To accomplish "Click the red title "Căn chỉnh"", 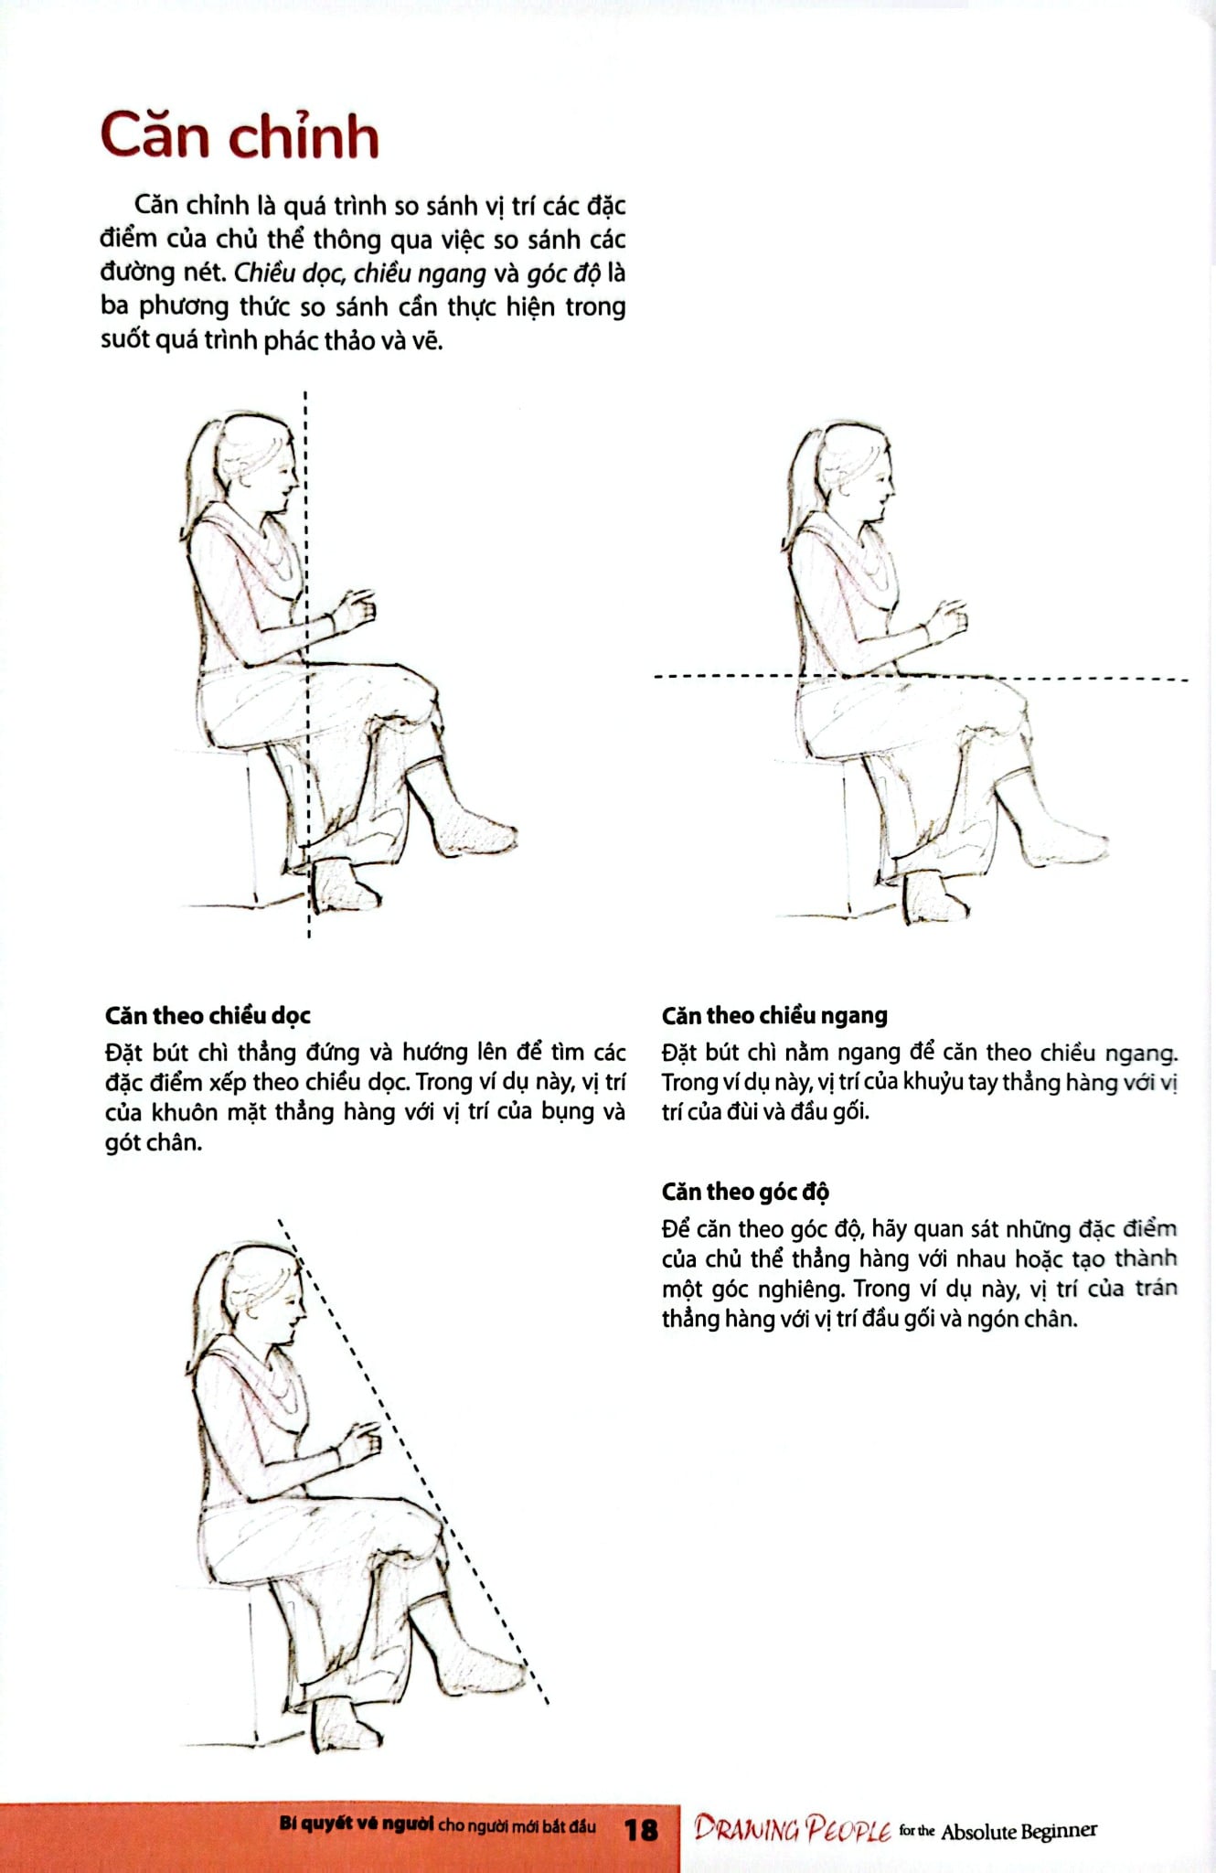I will [240, 137].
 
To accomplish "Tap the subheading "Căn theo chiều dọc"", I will [208, 1015].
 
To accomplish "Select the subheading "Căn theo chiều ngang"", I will [774, 1015].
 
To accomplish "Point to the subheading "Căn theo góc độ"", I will [745, 1192].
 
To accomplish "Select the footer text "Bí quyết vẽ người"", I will [357, 1825].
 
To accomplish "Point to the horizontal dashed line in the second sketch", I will [1097, 679].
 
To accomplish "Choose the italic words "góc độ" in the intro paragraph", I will [561, 273].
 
